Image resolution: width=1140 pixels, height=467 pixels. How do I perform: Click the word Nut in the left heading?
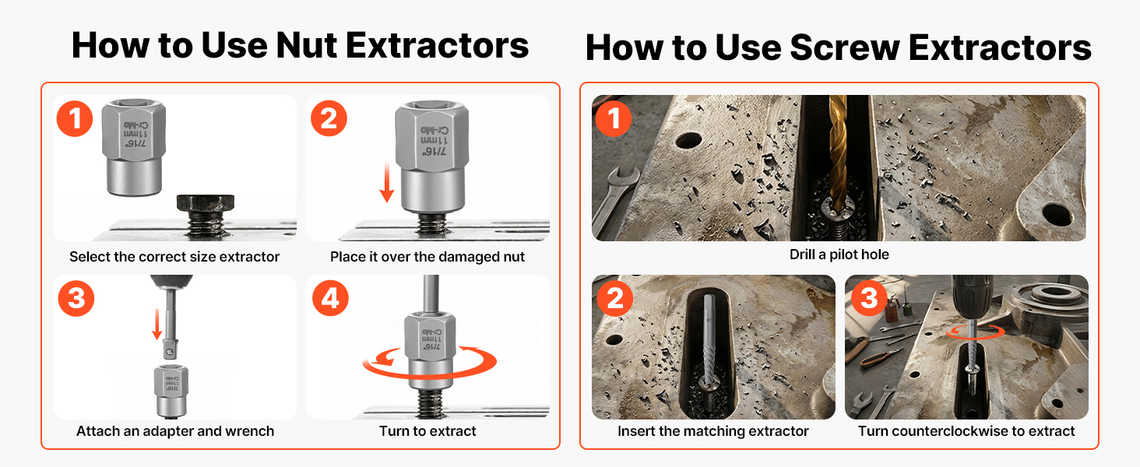click(x=306, y=45)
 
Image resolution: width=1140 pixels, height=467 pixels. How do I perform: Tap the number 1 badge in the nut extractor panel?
click(x=75, y=119)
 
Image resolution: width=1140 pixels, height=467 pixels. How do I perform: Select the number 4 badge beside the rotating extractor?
click(x=330, y=298)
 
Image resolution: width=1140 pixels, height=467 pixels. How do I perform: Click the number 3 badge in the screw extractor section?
click(x=869, y=297)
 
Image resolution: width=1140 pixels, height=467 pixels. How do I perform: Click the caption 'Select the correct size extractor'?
click(x=174, y=257)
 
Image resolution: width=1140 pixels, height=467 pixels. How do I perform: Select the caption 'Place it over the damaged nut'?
click(x=427, y=257)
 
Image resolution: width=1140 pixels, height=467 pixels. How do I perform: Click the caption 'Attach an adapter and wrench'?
click(x=175, y=431)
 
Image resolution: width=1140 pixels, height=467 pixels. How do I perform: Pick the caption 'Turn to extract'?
click(x=427, y=431)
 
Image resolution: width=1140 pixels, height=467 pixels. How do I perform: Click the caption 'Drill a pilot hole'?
click(x=839, y=255)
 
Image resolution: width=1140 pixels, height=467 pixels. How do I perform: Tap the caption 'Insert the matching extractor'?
click(x=713, y=431)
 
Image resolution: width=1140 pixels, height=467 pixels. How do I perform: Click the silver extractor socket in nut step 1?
click(x=133, y=148)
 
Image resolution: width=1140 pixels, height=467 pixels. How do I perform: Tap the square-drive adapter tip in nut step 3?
click(x=171, y=350)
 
